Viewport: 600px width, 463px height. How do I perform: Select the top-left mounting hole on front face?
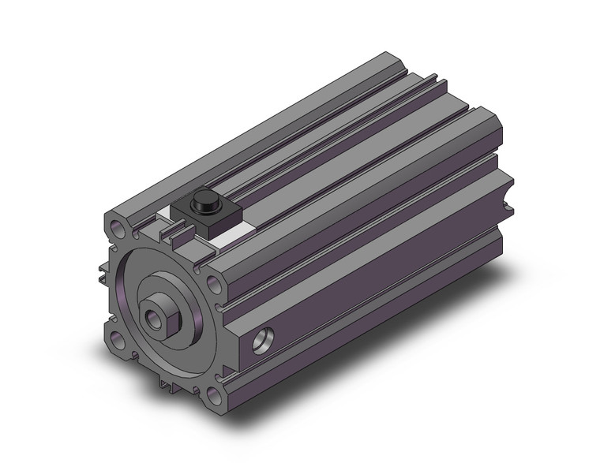(118, 233)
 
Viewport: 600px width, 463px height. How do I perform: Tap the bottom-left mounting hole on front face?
(118, 341)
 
